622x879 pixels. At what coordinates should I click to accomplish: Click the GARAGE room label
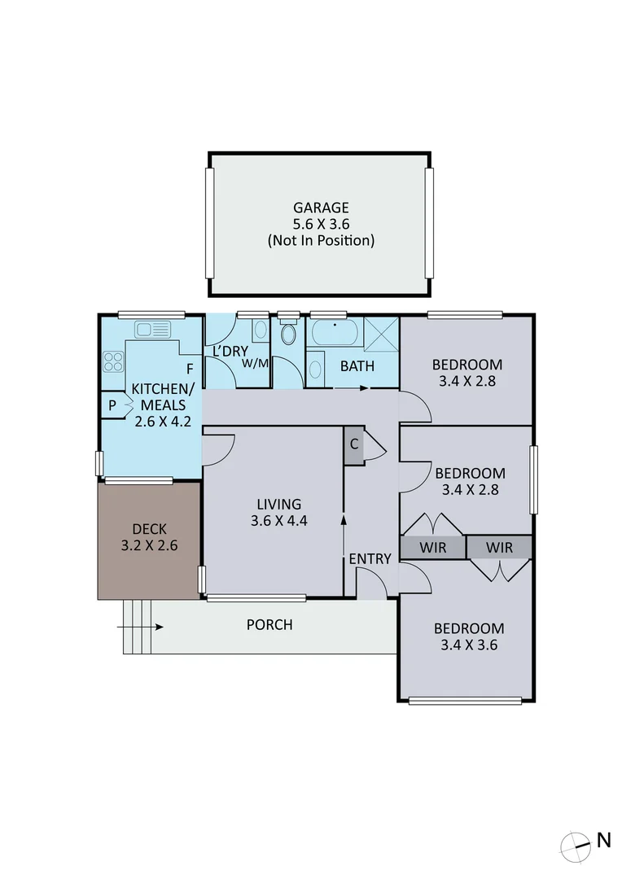pos(320,208)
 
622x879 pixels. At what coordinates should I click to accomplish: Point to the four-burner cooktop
pos(113,361)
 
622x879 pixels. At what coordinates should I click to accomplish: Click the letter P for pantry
pos(110,405)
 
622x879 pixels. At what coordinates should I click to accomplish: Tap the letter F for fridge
pos(189,369)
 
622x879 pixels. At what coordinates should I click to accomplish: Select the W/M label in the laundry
pos(255,363)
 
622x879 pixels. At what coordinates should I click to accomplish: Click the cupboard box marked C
pos(354,445)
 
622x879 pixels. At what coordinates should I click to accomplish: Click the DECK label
pos(149,530)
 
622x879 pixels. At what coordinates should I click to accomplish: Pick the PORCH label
pos(269,625)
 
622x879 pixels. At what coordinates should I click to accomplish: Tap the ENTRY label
pos(370,559)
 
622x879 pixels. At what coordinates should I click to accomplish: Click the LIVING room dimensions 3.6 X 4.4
pos(278,522)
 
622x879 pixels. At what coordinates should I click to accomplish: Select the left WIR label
pos(433,548)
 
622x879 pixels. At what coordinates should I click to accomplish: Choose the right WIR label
pos(500,548)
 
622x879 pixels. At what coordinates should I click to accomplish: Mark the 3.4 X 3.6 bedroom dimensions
pos(468,645)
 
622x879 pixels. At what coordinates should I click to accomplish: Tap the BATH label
pos(357,366)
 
